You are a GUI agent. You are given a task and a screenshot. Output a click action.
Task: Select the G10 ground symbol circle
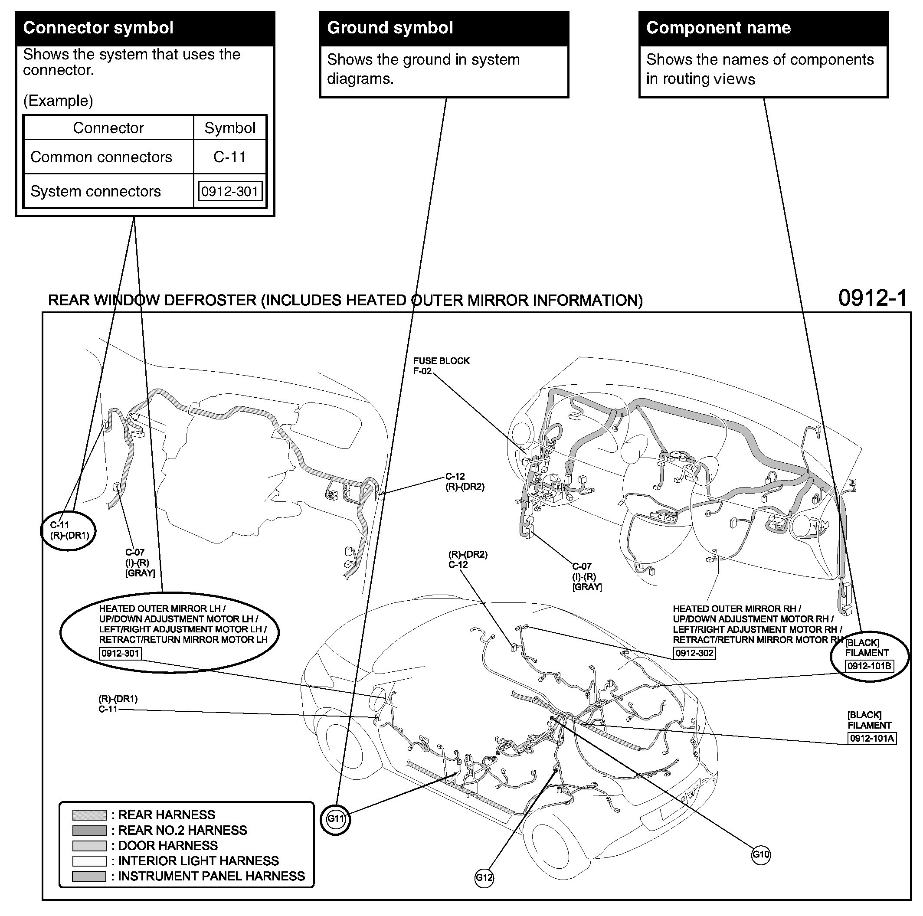(761, 854)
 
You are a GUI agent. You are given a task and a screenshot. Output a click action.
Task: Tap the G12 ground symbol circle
(484, 877)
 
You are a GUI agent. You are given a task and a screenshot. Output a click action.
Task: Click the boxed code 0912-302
(694, 653)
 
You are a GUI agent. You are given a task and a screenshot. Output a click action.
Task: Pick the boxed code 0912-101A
(872, 738)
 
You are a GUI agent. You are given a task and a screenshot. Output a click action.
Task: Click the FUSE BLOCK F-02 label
(441, 366)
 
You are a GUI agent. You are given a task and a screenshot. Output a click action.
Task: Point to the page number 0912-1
(872, 298)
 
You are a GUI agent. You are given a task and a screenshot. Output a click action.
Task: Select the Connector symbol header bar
(145, 28)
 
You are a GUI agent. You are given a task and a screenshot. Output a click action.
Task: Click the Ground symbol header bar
(444, 28)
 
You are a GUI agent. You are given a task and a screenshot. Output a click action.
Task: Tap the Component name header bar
(763, 28)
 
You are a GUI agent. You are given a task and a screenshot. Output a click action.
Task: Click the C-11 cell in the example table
(230, 157)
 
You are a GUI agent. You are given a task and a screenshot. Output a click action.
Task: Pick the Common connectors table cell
(101, 157)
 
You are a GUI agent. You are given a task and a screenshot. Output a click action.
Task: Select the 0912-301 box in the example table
(230, 191)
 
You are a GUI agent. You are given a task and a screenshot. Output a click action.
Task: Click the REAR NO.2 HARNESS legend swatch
(89, 831)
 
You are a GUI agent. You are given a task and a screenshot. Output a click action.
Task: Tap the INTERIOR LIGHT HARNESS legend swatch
(89, 861)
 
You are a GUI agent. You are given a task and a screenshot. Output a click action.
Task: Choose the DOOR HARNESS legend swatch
(89, 846)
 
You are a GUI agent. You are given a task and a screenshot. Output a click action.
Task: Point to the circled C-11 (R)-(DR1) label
(69, 530)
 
